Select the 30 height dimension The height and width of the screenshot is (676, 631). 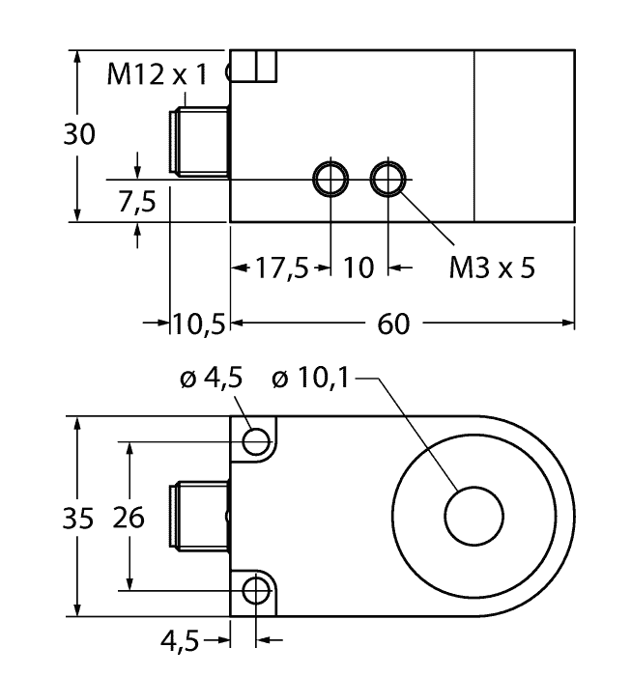pyautogui.click(x=79, y=135)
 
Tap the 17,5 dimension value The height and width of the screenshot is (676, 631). pyautogui.click(x=280, y=268)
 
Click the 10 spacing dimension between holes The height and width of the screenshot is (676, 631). pyautogui.click(x=359, y=268)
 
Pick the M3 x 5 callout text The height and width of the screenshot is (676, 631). pyautogui.click(x=491, y=268)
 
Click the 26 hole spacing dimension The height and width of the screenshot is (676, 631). pyautogui.click(x=128, y=518)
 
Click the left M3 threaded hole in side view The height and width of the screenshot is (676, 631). pyautogui.click(x=330, y=179)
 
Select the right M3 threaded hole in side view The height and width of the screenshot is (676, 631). pyautogui.click(x=388, y=179)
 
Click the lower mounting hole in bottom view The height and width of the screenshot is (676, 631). pyautogui.click(x=255, y=589)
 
